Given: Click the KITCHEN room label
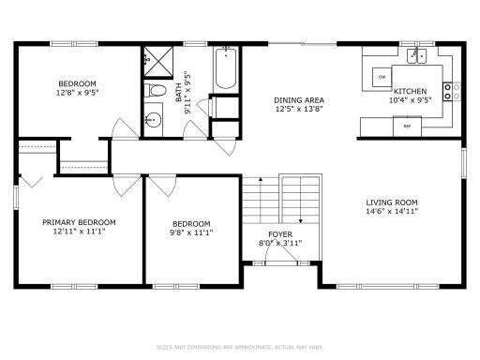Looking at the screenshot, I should pyautogui.click(x=410, y=91).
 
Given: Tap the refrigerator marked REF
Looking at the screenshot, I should pyautogui.click(x=408, y=125).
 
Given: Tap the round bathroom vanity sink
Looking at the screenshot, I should pyautogui.click(x=153, y=119).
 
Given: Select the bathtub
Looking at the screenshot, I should pyautogui.click(x=225, y=68).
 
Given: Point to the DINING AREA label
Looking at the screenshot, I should pyautogui.click(x=299, y=100).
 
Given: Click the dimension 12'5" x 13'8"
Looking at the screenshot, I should pyautogui.click(x=299, y=110).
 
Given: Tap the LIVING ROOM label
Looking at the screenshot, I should pyautogui.click(x=391, y=202).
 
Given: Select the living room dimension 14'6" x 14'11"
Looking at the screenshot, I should pyautogui.click(x=391, y=212).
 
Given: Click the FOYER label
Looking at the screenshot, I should pyautogui.click(x=280, y=233).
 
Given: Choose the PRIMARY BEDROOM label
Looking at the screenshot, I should pyautogui.click(x=79, y=222).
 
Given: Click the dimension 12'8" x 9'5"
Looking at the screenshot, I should pyautogui.click(x=78, y=93).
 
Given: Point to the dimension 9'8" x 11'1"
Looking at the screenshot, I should pyautogui.click(x=190, y=232).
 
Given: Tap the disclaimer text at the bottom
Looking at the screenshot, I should pyautogui.click(x=240, y=346).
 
